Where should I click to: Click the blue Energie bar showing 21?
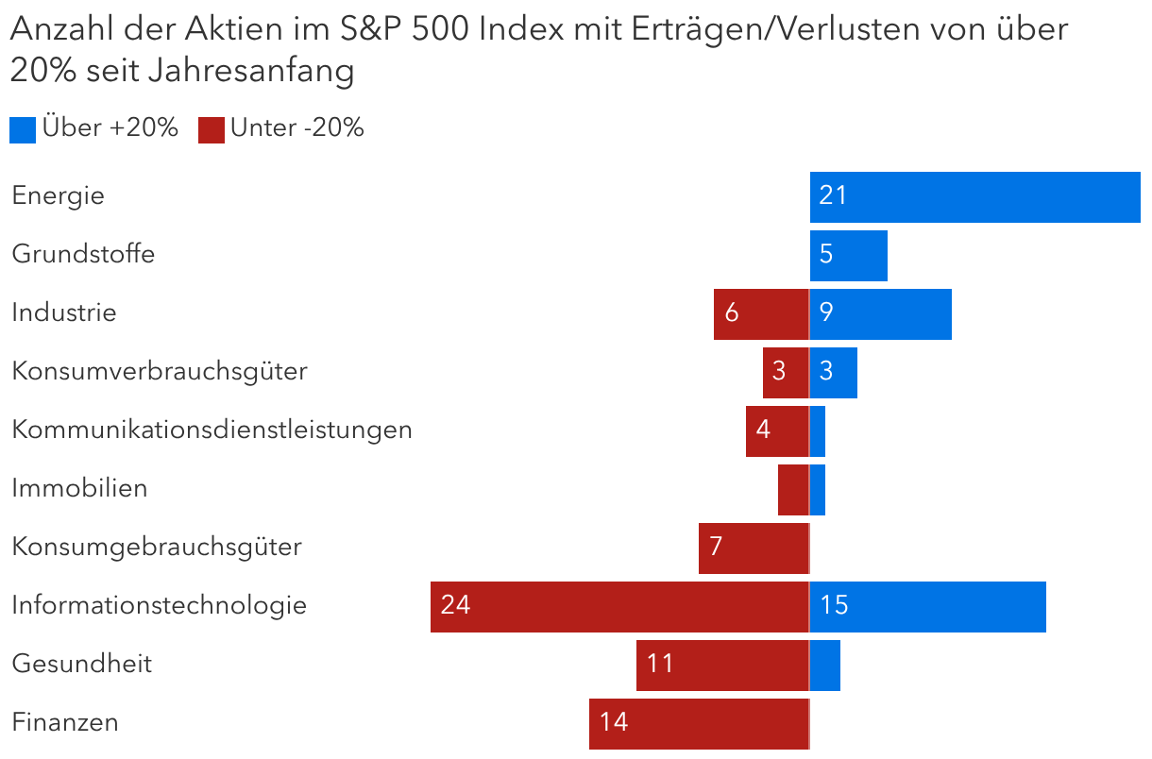point(974,197)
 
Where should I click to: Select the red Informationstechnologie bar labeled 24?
point(619,606)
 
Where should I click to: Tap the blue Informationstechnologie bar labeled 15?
point(927,606)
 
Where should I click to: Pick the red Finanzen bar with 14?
point(699,723)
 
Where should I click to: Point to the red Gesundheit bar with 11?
point(722,665)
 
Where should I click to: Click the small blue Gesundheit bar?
point(825,665)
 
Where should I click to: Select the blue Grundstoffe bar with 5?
point(848,256)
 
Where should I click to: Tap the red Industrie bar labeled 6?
point(761,314)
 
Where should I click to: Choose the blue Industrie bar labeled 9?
point(880,314)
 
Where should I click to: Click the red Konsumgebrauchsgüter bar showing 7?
point(754,548)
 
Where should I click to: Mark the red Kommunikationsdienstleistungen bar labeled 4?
point(777,431)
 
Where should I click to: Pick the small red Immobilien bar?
point(793,490)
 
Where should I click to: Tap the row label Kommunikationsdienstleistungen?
point(212,430)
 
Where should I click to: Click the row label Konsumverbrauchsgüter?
point(160,372)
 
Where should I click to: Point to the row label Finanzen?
point(65,723)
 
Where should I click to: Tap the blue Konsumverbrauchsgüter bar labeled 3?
point(834,373)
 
